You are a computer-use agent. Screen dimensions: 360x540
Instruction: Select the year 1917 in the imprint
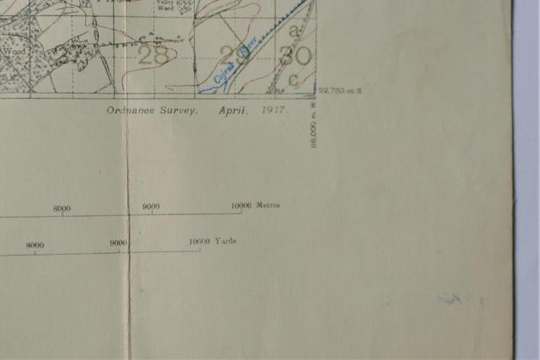click(275, 110)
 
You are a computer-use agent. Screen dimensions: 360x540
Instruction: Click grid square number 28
click(152, 56)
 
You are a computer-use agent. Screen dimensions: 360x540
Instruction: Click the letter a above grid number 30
click(294, 30)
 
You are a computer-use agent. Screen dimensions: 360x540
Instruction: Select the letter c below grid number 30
click(294, 79)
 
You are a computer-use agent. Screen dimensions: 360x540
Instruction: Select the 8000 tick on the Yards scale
click(35, 250)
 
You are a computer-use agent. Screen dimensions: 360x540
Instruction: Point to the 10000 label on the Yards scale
click(199, 241)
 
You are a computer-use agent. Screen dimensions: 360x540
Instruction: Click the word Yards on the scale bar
click(226, 240)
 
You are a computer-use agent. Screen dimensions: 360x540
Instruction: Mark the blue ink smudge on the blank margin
click(451, 298)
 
